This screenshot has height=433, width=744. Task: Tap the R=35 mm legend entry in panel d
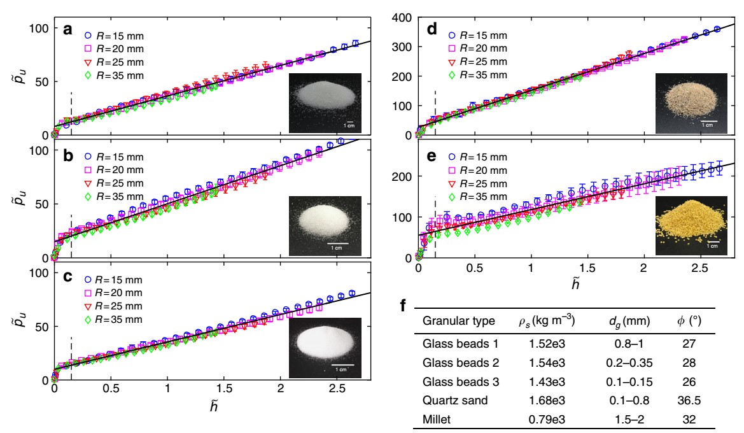478,75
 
